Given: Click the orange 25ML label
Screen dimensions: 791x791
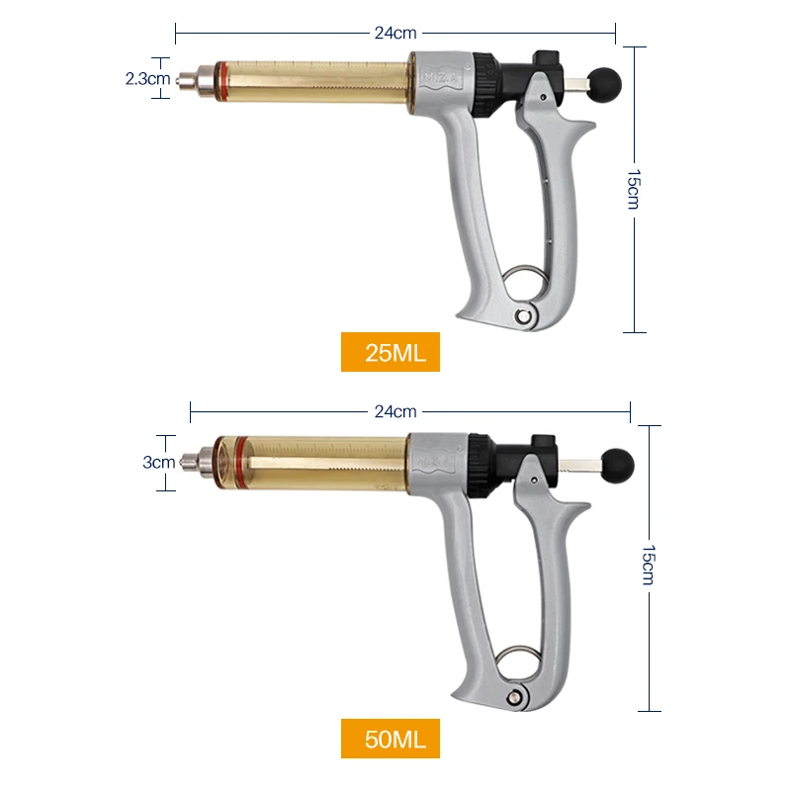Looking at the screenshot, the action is pyautogui.click(x=390, y=352).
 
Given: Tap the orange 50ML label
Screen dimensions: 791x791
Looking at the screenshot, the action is pyautogui.click(x=390, y=739).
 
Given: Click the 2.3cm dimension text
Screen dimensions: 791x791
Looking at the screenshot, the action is pyautogui.click(x=147, y=79).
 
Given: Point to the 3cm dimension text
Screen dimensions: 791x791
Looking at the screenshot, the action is pyautogui.click(x=158, y=462).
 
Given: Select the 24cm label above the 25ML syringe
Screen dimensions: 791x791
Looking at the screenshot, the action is pyautogui.click(x=395, y=33).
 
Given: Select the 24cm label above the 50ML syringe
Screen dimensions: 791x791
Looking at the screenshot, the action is pyautogui.click(x=395, y=411).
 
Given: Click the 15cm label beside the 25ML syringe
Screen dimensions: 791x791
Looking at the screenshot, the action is pyautogui.click(x=634, y=189).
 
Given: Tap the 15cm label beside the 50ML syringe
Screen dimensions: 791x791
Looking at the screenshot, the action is pyautogui.click(x=649, y=565).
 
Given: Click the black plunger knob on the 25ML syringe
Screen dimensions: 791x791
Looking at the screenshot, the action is pyautogui.click(x=604, y=86).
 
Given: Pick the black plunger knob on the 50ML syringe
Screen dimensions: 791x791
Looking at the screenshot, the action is pyautogui.click(x=617, y=466).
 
